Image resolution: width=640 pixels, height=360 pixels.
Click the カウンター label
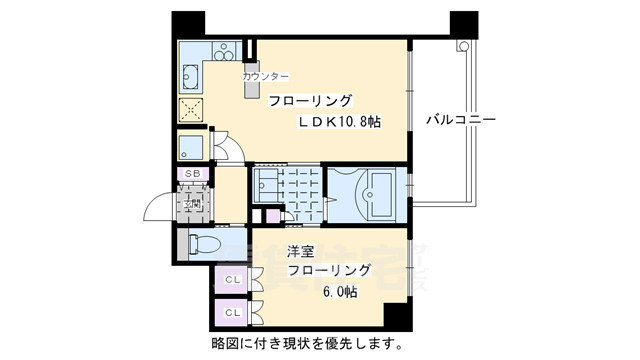point(265,77)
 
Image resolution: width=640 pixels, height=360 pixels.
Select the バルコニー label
point(461,119)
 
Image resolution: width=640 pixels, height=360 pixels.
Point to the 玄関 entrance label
point(191,206)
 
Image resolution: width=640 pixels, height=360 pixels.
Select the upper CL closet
point(231,279)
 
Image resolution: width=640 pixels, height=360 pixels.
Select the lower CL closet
point(231,312)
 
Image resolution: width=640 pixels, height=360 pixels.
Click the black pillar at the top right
point(463,23)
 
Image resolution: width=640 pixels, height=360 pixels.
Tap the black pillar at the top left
point(186,23)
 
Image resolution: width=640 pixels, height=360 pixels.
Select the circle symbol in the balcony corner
point(463,46)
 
